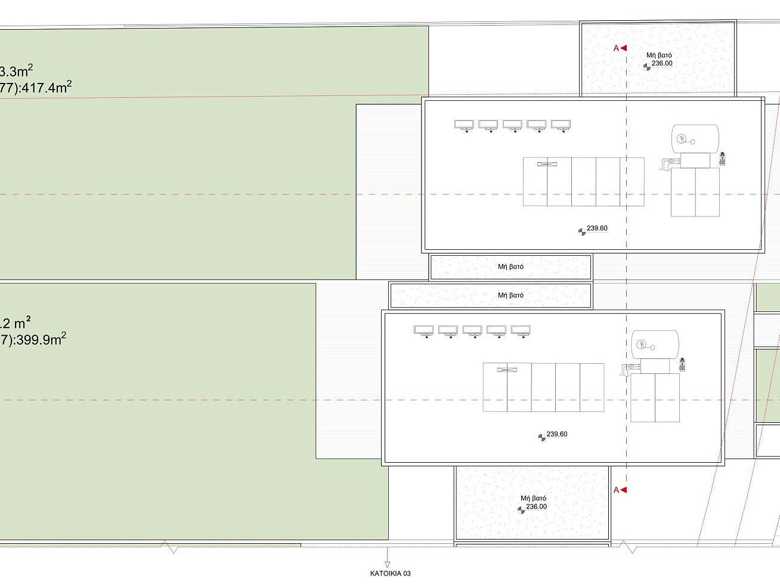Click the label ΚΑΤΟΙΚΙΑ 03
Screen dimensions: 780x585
pyautogui.click(x=390, y=573)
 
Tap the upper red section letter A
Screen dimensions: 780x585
pyautogui.click(x=616, y=48)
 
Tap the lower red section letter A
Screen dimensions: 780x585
pyautogui.click(x=616, y=490)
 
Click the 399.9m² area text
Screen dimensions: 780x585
pyautogui.click(x=41, y=339)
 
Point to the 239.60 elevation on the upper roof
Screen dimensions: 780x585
pyautogui.click(x=597, y=228)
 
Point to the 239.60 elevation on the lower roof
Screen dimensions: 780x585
pyautogui.click(x=557, y=434)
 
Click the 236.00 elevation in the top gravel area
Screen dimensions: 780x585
pyautogui.click(x=662, y=63)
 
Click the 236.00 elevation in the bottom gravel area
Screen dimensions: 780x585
pyautogui.click(x=536, y=506)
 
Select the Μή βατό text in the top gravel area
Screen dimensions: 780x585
pyautogui.click(x=659, y=55)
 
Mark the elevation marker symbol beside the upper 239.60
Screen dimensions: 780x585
pyautogui.click(x=581, y=232)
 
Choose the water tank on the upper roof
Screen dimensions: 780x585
pyautogui.click(x=695, y=138)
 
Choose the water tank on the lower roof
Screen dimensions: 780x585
pyautogui.click(x=655, y=345)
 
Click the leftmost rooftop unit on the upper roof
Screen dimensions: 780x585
pyautogui.click(x=464, y=126)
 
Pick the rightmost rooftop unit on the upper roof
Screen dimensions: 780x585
pyautogui.click(x=561, y=126)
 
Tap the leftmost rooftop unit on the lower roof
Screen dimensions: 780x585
pyautogui.click(x=423, y=332)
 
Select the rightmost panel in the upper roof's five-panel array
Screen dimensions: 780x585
pyautogui.click(x=632, y=182)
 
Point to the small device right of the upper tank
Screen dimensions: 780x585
pyautogui.click(x=722, y=159)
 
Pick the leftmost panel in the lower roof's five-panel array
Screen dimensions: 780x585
pyautogui.click(x=495, y=387)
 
